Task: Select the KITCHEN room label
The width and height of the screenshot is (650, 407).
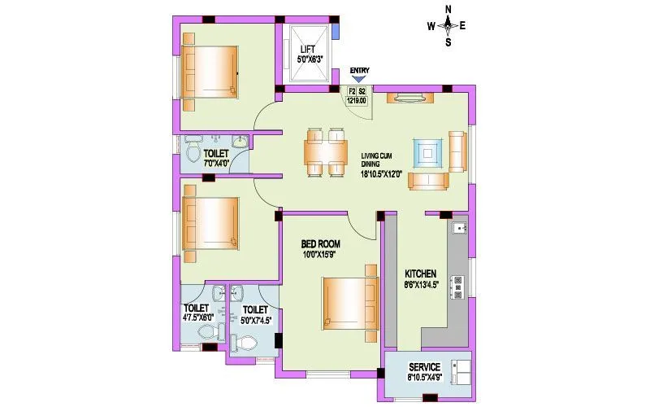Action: point(421,274)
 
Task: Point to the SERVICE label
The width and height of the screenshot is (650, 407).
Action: point(424,366)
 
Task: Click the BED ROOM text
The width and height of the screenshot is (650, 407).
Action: point(320,243)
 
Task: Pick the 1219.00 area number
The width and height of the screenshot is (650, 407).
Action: point(357,101)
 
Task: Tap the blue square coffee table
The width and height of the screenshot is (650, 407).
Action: point(427,151)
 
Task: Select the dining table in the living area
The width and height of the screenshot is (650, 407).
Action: point(325,151)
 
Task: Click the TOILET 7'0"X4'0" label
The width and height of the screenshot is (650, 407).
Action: point(215,153)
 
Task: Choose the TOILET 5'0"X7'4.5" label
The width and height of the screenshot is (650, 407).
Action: point(255,309)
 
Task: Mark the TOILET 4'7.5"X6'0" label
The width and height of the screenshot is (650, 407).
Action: point(197,309)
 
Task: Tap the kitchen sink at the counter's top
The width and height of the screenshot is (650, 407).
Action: point(460,229)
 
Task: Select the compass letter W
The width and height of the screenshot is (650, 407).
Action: point(431,25)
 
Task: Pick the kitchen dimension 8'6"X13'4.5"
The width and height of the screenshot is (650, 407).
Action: point(421,285)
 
